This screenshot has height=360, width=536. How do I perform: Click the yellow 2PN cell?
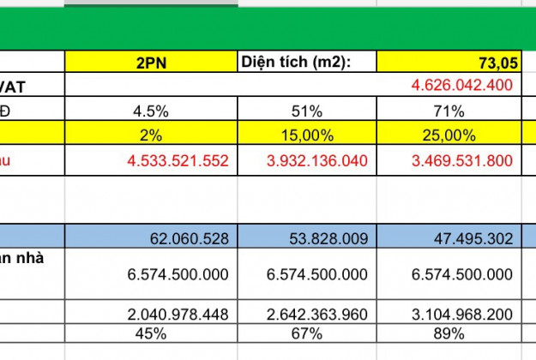151,62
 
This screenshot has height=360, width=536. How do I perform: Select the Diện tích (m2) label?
297,62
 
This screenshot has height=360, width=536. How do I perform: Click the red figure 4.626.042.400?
462,85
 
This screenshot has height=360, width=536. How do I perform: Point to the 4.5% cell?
152,111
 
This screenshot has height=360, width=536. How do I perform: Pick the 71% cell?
449,111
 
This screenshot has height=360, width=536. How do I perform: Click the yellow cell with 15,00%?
306,135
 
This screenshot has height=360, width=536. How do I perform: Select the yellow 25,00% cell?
449,135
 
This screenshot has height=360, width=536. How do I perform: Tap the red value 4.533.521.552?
178,160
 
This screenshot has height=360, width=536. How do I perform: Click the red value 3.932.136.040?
317,160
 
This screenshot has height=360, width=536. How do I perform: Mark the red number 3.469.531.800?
462,160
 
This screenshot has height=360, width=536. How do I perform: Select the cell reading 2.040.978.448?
178,315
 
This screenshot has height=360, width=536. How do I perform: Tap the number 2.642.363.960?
317,315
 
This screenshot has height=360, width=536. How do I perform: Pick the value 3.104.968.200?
462,315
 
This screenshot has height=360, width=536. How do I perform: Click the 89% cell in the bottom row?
449,333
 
